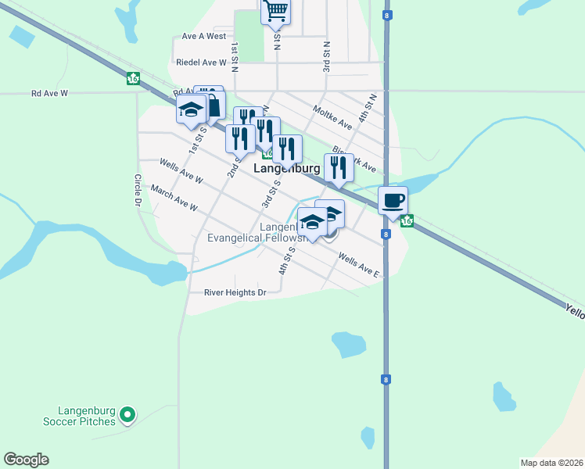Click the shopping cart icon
coord(275,11)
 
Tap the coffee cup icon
coord(393,200)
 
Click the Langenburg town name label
coord(287,168)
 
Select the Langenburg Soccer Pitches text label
coord(87,416)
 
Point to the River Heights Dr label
coord(235,292)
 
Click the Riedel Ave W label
coord(201,62)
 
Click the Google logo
coord(26,460)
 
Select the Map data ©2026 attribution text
coord(551,462)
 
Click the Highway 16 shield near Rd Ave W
coord(133,78)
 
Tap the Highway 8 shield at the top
coord(387,15)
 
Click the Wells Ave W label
coord(181,172)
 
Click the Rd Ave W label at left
coord(50,93)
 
